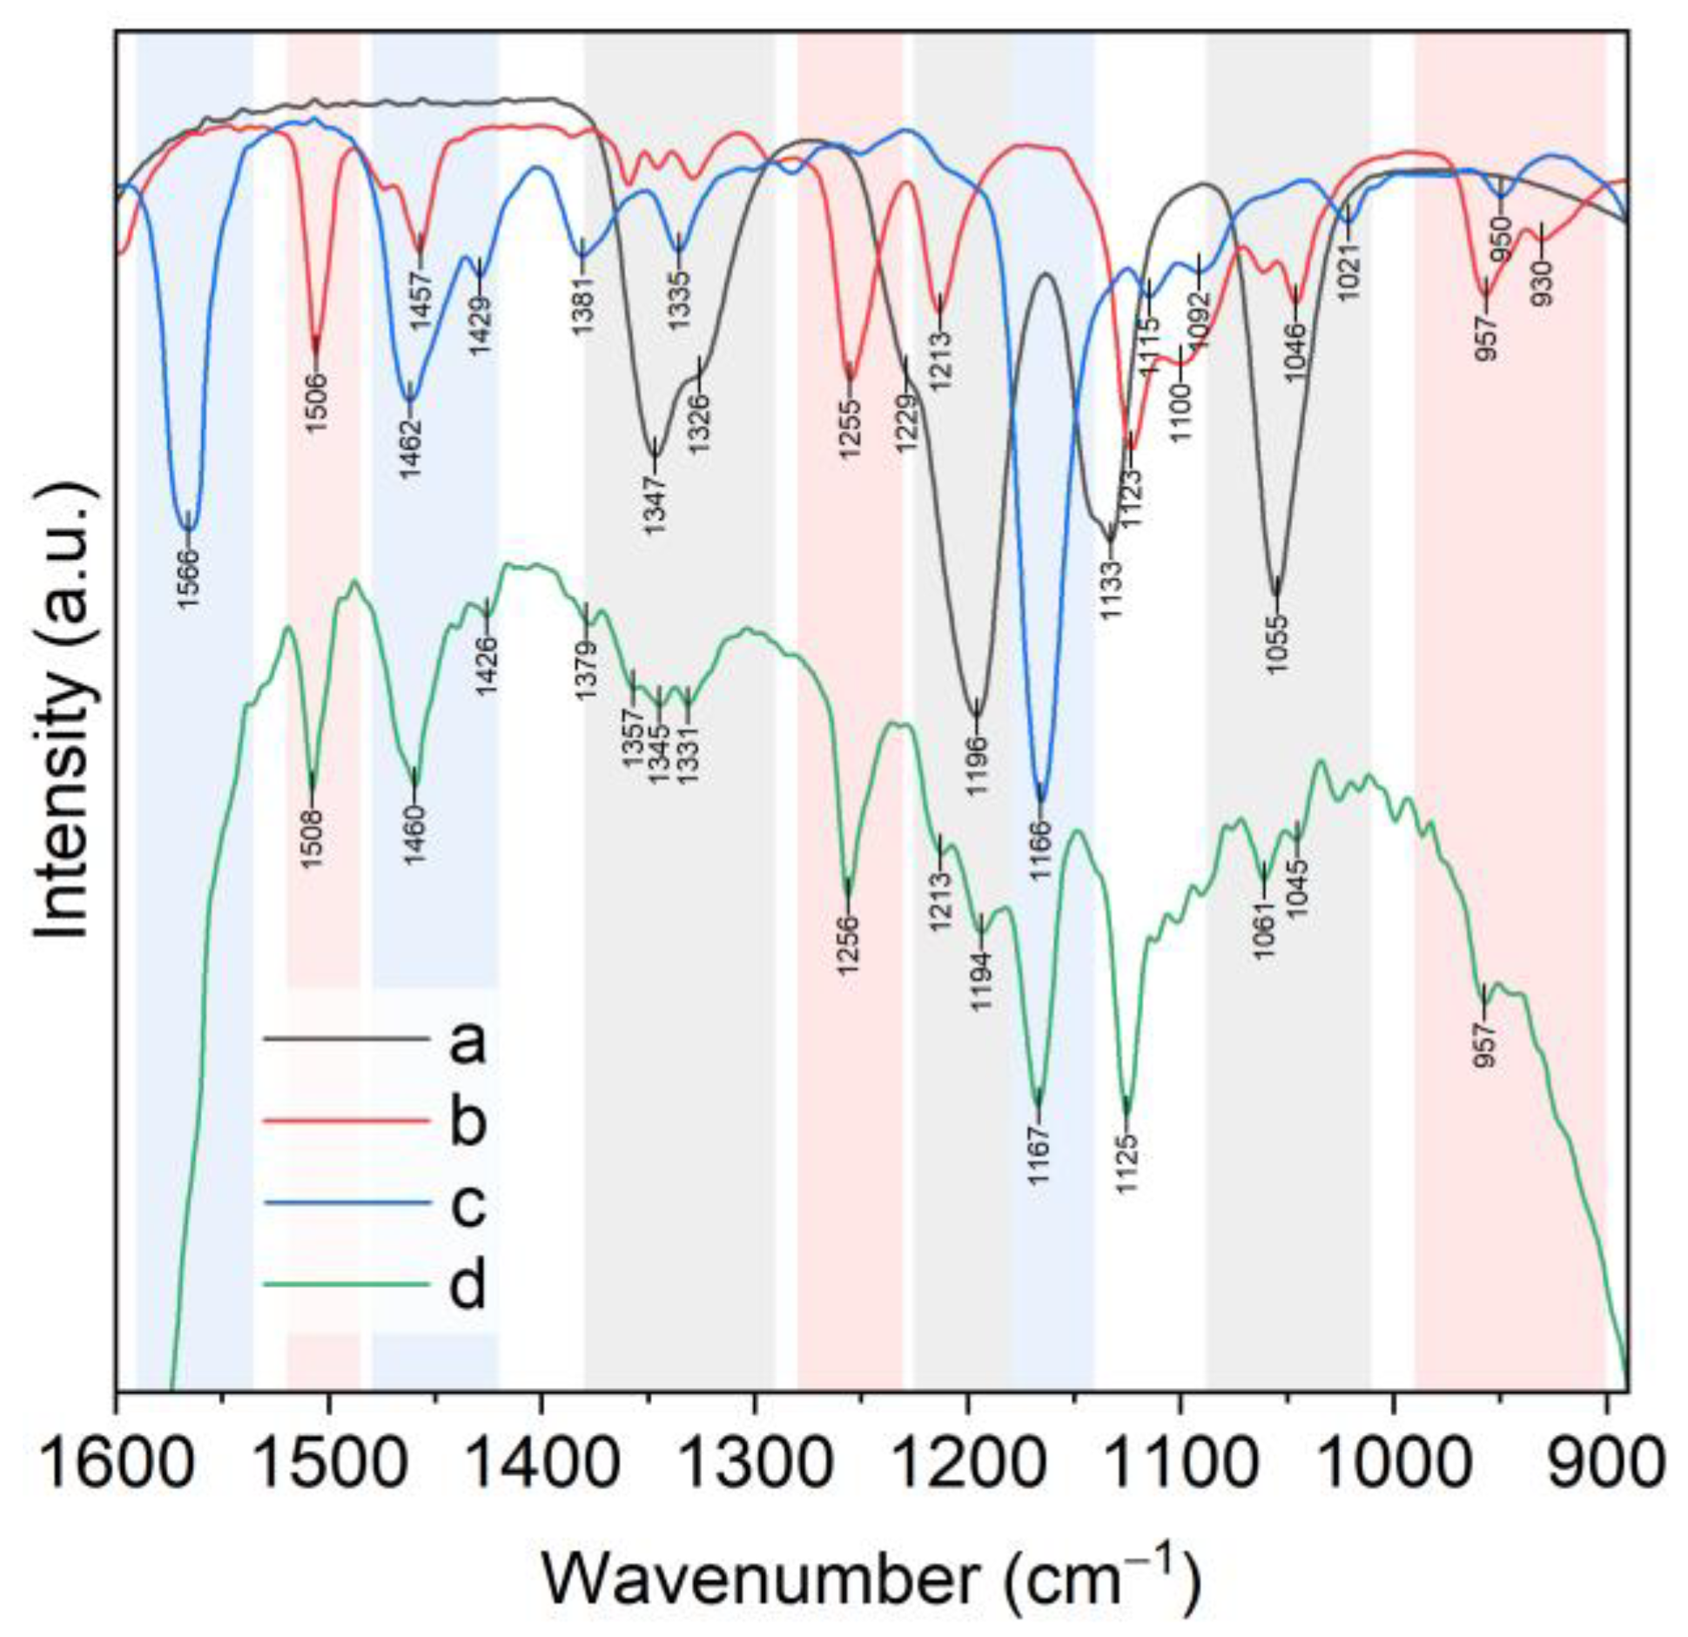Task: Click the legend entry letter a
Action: point(467,1041)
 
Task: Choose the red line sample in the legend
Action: point(346,1122)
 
